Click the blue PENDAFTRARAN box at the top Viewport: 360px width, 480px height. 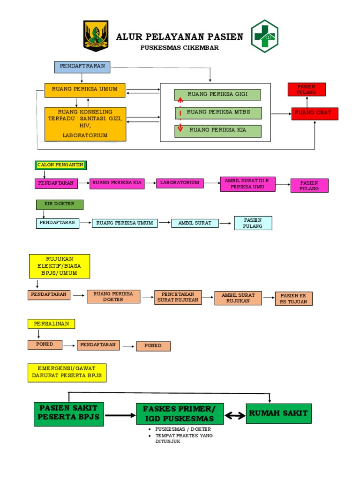pyautogui.click(x=82, y=67)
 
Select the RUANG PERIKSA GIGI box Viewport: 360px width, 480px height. pyautogui.click(x=217, y=95)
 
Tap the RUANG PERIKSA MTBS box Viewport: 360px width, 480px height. pyautogui.click(x=218, y=112)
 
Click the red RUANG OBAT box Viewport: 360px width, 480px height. pyautogui.click(x=315, y=113)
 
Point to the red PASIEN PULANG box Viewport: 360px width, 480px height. pyautogui.click(x=306, y=90)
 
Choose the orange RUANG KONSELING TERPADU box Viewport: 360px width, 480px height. pyautogui.click(x=85, y=124)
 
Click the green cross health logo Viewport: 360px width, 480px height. pyautogui.click(x=264, y=36)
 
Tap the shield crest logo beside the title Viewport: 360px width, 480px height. pyautogui.click(x=96, y=36)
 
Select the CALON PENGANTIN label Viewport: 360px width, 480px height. pyautogui.click(x=60, y=165)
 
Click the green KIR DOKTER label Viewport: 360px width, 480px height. pyautogui.click(x=60, y=204)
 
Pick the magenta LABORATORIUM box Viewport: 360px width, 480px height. pyautogui.click(x=180, y=183)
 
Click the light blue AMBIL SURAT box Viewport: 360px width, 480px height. pyautogui.click(x=195, y=223)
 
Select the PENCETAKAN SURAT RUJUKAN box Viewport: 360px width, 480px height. pyautogui.click(x=178, y=297)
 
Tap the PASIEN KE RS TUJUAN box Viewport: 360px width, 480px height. pyautogui.click(x=293, y=299)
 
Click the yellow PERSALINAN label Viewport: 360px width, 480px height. pyautogui.click(x=51, y=324)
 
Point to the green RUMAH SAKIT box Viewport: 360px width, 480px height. pyautogui.click(x=278, y=413)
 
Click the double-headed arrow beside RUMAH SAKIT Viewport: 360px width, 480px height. pyautogui.click(x=235, y=415)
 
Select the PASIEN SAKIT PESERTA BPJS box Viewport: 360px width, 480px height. pyautogui.click(x=68, y=413)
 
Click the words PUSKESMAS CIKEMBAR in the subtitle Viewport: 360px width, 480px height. pyautogui.click(x=180, y=48)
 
